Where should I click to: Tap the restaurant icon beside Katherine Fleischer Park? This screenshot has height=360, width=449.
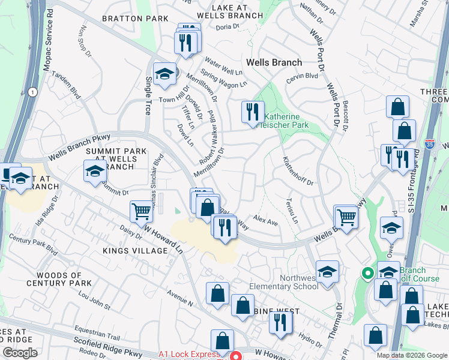(253, 112)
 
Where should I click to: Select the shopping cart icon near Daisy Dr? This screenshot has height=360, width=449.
(141, 211)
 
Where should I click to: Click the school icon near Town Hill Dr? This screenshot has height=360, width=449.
(164, 74)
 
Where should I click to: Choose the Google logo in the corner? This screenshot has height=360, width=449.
(21, 353)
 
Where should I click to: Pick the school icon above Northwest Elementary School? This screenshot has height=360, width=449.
(328, 272)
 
